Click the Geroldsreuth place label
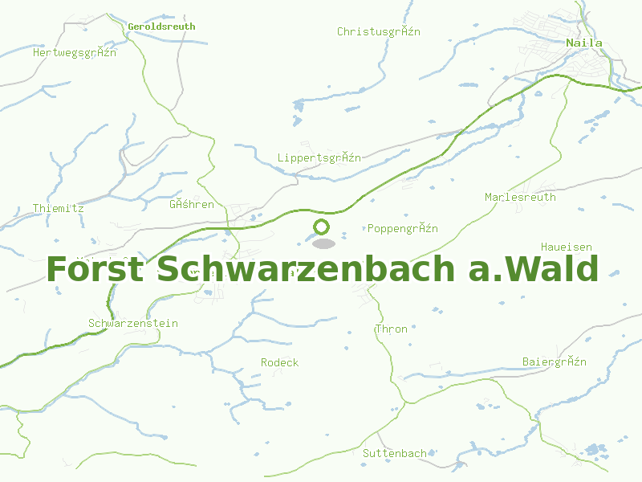point(161,27)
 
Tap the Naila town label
point(583,43)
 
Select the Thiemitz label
point(59,208)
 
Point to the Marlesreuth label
point(520,197)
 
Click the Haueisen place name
point(567,247)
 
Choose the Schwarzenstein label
point(133,323)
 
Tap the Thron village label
point(392,329)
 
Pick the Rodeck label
point(279,362)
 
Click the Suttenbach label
point(395,453)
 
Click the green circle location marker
point(322,227)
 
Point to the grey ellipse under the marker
point(323,243)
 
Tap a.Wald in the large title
point(533,269)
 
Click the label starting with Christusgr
point(379,31)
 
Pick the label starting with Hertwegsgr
point(75,52)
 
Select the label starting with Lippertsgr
point(319,157)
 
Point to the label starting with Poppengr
point(403,228)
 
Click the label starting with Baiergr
point(555,361)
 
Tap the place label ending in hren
point(192,204)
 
